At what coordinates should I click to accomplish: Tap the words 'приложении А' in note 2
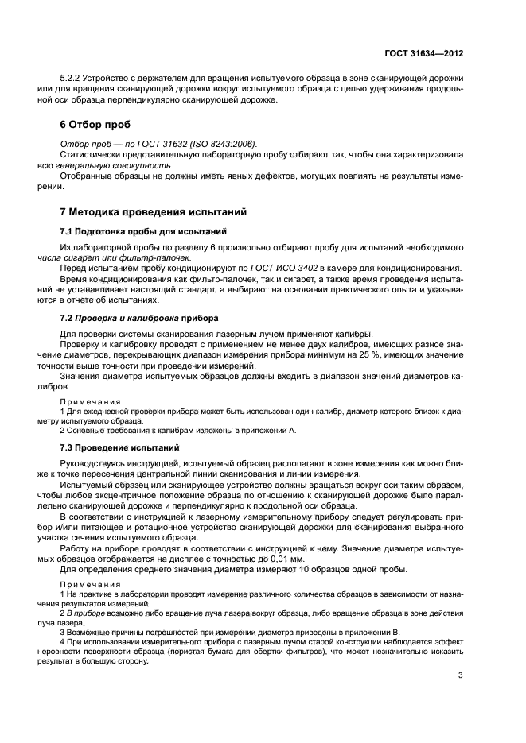pyautogui.click(x=271, y=430)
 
